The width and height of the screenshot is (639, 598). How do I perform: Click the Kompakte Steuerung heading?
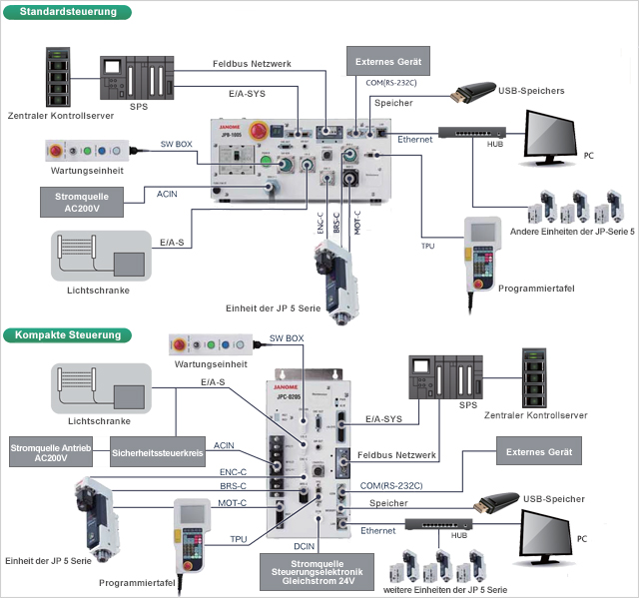pyautogui.click(x=68, y=335)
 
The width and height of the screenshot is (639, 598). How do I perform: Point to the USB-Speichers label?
pyautogui.click(x=529, y=91)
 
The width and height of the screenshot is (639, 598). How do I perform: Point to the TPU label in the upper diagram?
pyautogui.click(x=427, y=244)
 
